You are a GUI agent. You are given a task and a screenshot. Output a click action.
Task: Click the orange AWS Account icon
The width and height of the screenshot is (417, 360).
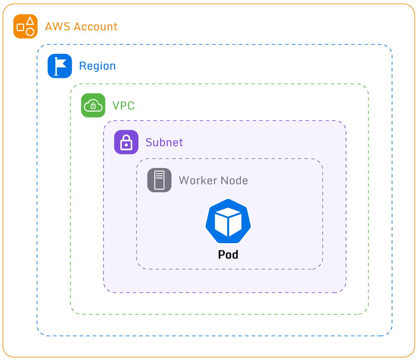point(25,26)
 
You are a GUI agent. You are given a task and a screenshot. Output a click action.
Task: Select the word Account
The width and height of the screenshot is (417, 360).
point(95,27)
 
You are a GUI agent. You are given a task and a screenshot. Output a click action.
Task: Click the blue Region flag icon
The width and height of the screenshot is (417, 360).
point(60,66)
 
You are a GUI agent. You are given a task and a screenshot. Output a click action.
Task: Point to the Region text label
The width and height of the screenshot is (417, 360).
point(97,66)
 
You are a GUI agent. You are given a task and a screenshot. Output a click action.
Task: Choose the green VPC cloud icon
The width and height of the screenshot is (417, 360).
point(93,105)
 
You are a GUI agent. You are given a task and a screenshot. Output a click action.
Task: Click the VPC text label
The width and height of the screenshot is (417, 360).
point(123,106)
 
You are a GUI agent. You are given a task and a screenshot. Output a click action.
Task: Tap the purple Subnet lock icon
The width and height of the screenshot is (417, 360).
point(126,142)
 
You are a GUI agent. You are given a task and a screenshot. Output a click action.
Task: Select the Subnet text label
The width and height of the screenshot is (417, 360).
point(164,142)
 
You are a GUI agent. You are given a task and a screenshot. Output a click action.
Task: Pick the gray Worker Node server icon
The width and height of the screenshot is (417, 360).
point(159,180)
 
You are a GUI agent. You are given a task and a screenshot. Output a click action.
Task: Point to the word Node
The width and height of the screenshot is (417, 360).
point(234,181)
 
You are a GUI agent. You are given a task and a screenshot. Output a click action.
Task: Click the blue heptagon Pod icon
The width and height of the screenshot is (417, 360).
point(228,222)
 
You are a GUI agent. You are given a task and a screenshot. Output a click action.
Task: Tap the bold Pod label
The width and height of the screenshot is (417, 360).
point(228,254)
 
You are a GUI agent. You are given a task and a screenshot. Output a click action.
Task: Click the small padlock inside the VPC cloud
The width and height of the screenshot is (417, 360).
point(93,106)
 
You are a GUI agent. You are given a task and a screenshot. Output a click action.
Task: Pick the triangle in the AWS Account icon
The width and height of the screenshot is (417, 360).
point(30,20)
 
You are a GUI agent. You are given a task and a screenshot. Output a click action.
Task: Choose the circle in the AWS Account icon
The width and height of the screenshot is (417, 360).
point(30,32)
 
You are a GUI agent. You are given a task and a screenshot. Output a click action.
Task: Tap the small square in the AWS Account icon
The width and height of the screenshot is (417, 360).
point(20,28)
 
